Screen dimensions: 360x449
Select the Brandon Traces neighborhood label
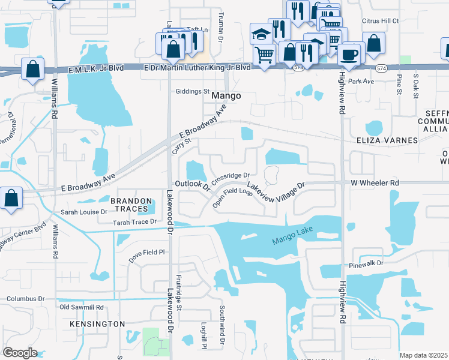coord(128,205)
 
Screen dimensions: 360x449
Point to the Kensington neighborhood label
coord(97,324)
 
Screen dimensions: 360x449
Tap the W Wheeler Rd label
coord(375,182)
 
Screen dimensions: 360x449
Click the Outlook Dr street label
coord(191,185)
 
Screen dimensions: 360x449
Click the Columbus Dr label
coord(26,298)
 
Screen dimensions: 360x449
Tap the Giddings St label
coord(191,92)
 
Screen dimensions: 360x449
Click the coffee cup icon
coord(350,55)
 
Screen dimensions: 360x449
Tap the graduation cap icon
coord(262,33)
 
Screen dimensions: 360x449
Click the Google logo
coord(20,352)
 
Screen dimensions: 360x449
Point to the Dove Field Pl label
coord(146,253)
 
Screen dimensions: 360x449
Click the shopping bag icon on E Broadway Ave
coord(11,199)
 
